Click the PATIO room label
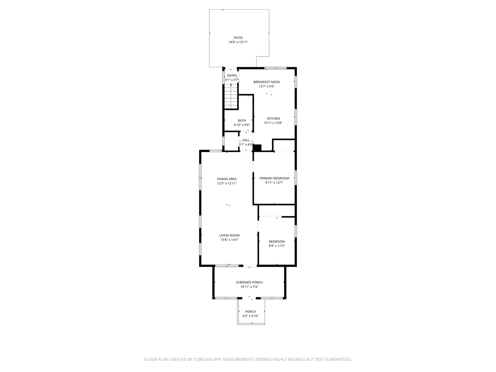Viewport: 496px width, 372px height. point(238,38)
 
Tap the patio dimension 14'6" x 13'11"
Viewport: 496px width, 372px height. point(238,42)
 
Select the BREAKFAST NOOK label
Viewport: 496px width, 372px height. point(267,82)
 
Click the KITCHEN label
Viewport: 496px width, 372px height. point(273,118)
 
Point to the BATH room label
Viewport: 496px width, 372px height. point(242,121)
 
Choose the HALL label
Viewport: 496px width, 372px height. point(246,140)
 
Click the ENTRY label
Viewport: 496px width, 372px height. point(232,76)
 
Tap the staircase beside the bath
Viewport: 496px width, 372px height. point(231,96)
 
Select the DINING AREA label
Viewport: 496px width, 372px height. point(227,179)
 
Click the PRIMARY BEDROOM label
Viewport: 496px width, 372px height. point(274,178)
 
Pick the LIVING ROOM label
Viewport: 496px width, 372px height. point(229,235)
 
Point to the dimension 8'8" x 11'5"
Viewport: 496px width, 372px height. point(277,246)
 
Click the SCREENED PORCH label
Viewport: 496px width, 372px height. point(249,282)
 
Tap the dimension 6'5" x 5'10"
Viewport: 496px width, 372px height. point(250,316)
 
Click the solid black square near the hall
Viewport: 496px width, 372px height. point(257,148)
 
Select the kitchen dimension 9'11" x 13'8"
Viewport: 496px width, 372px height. point(273,123)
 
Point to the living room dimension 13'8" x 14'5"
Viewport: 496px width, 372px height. point(229,240)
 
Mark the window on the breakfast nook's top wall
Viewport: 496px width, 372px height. point(276,68)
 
